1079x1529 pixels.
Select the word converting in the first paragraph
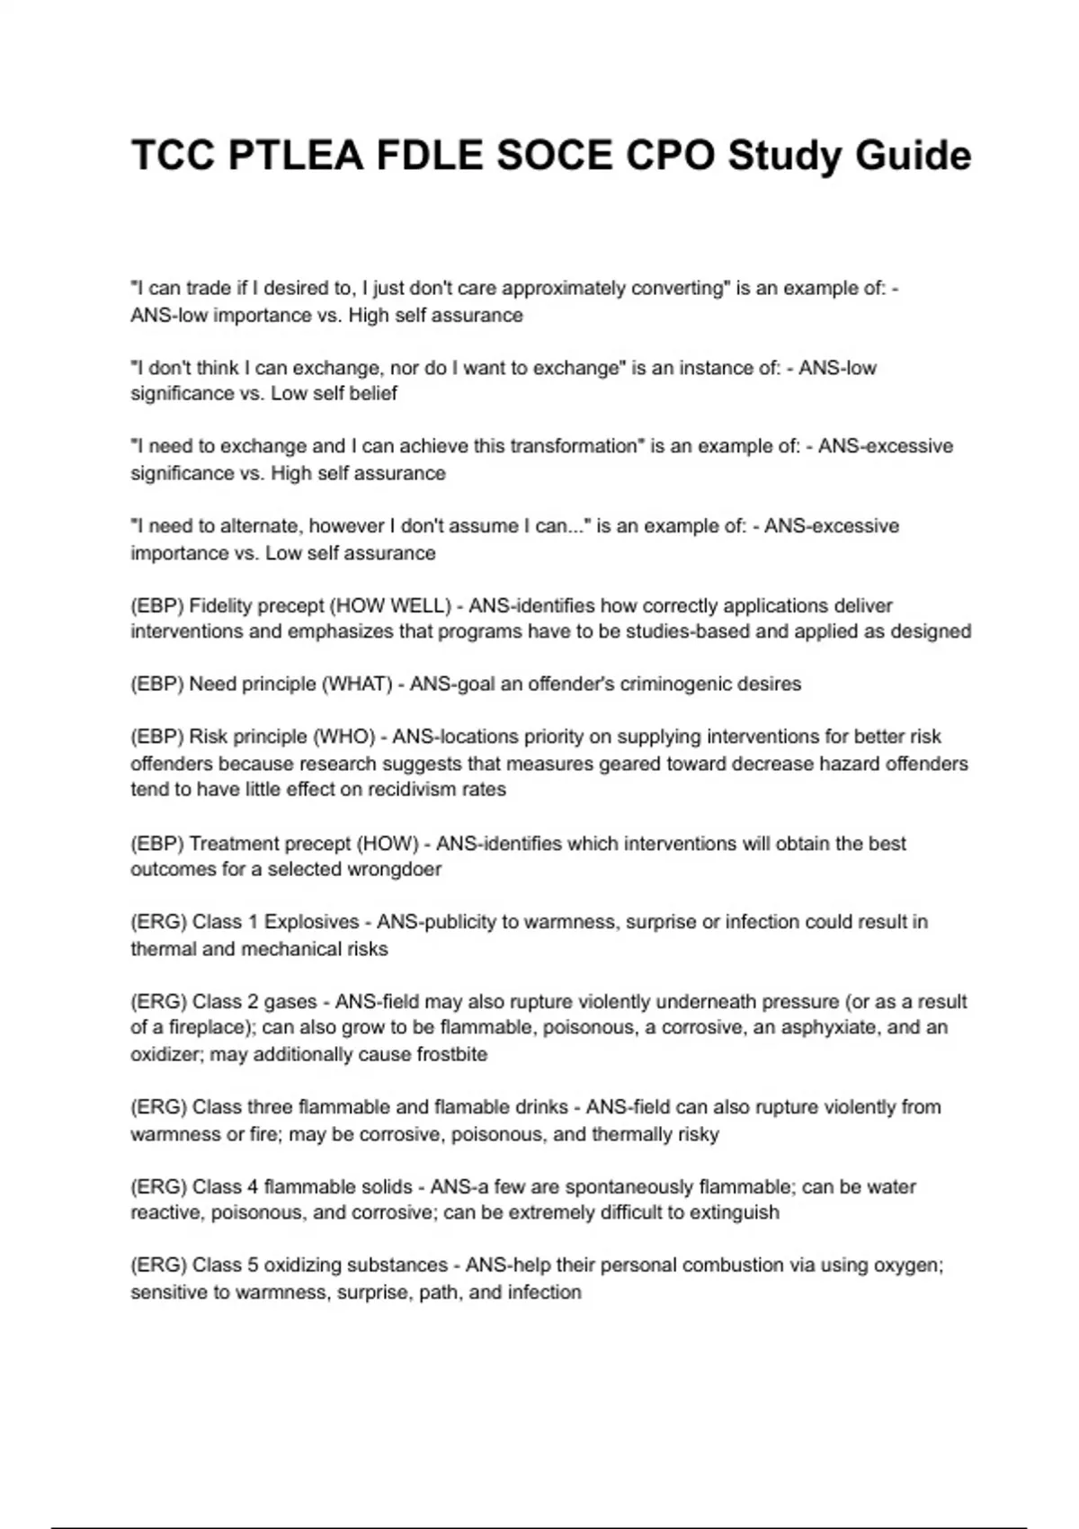coord(678,289)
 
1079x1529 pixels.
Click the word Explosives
coord(311,922)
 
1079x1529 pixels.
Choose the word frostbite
coord(451,1054)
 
